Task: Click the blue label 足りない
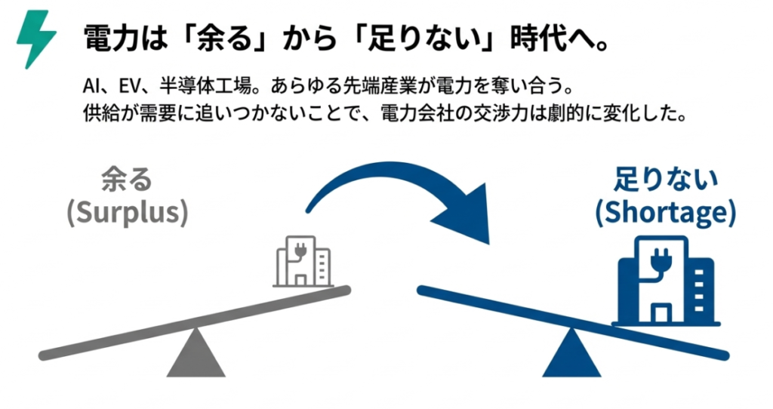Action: coord(664,180)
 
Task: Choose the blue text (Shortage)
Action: coord(664,213)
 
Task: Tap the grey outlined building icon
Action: coord(302,260)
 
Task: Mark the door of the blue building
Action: coord(662,311)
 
